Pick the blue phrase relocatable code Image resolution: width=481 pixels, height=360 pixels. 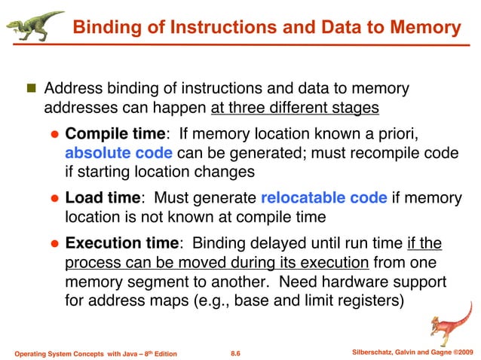(x=324, y=199)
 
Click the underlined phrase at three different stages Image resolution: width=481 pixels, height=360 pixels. (x=295, y=108)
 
